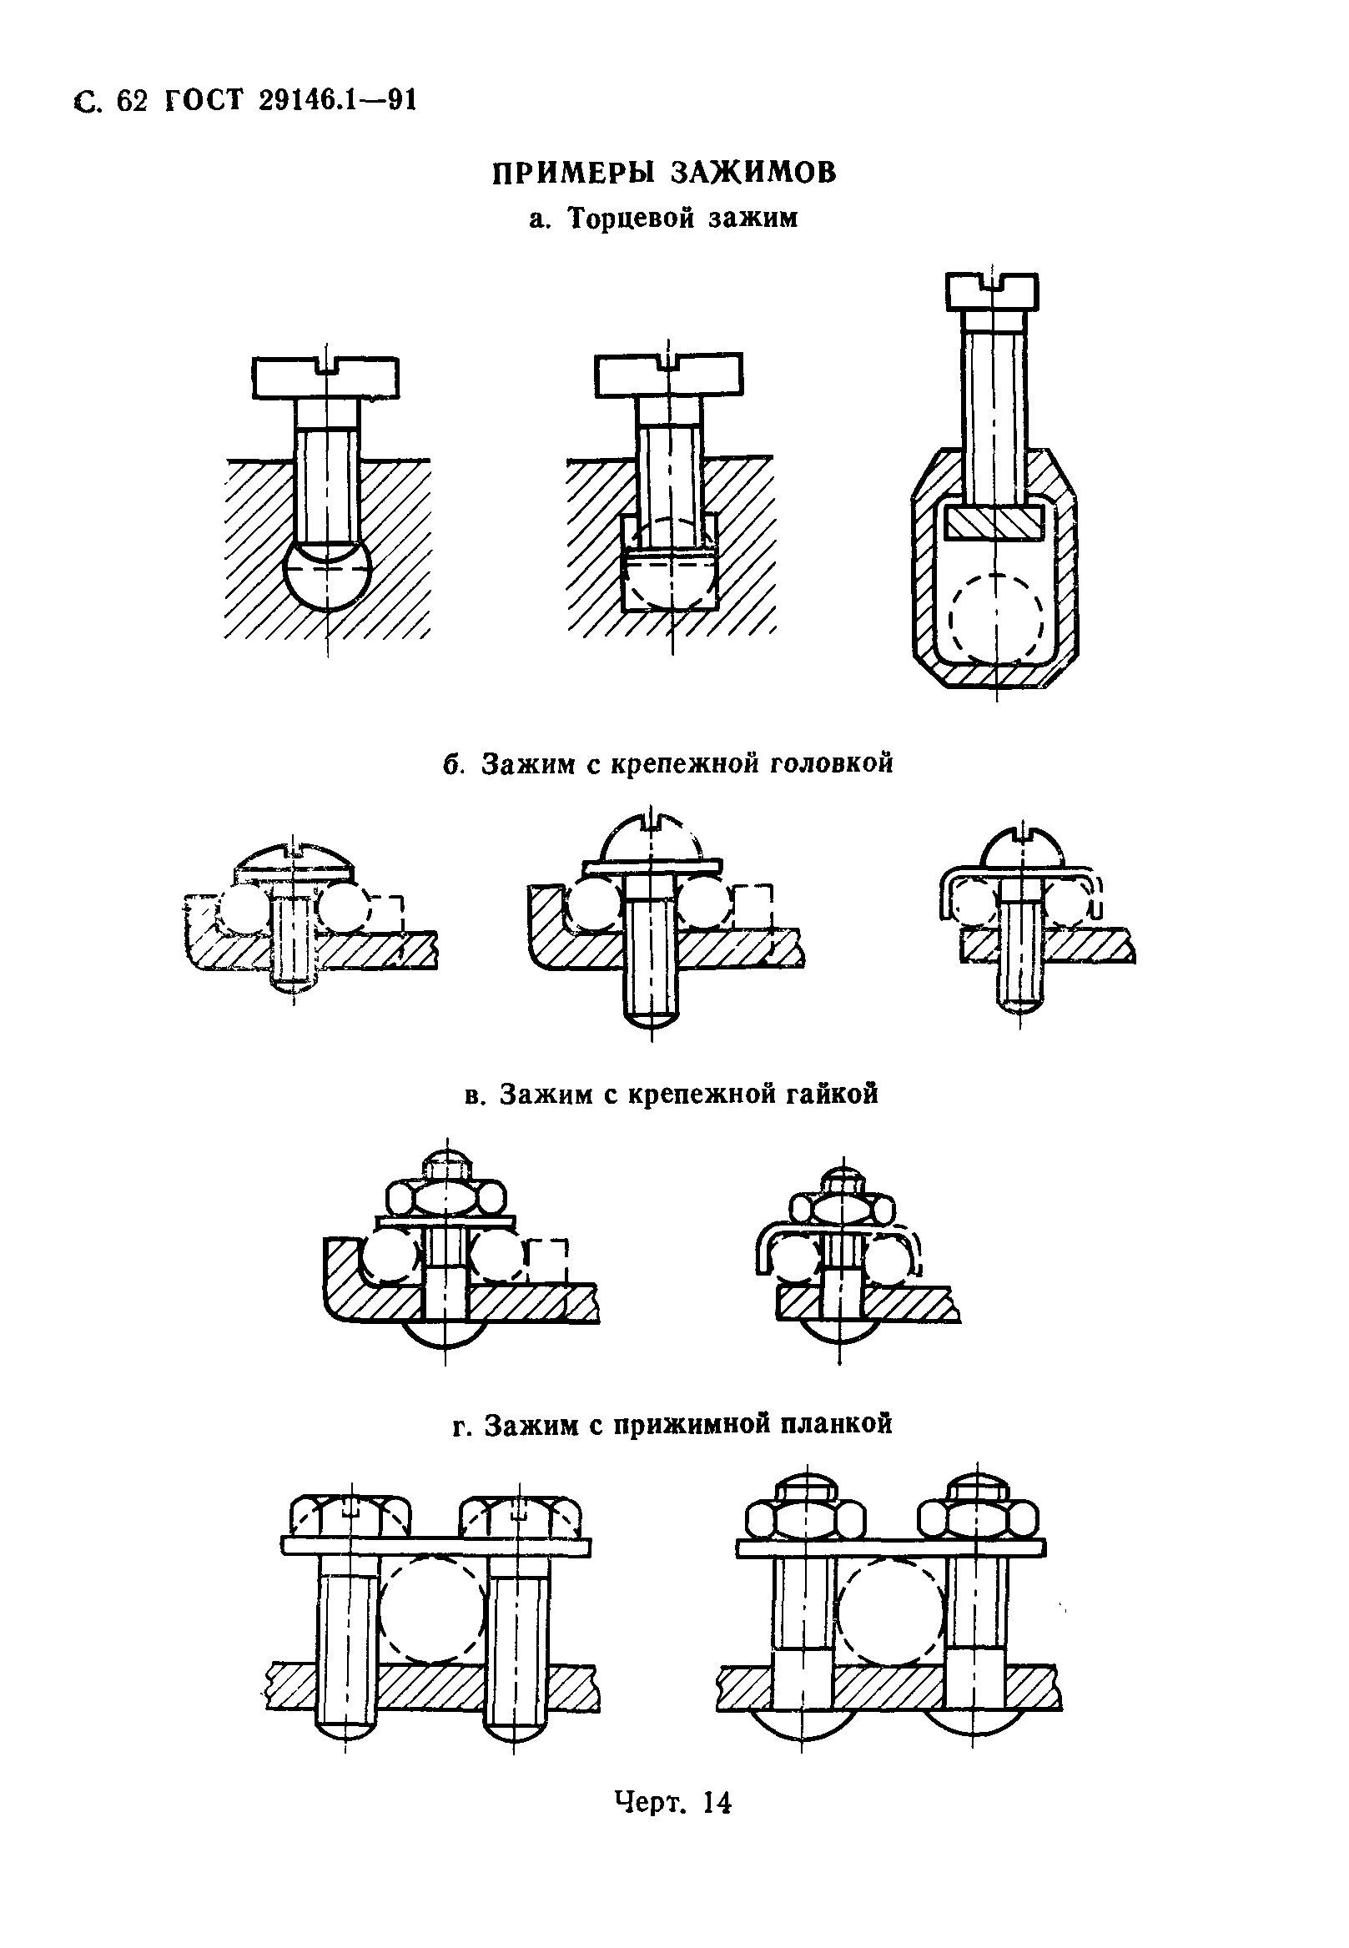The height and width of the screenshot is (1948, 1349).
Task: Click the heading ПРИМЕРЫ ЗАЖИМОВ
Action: click(x=664, y=173)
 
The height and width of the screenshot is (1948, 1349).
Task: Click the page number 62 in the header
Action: click(x=133, y=102)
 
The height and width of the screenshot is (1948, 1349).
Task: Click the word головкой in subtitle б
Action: click(x=832, y=763)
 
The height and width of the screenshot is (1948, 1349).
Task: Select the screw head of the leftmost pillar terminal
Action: click(x=325, y=378)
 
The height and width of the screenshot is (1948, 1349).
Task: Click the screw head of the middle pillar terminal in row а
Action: click(x=669, y=375)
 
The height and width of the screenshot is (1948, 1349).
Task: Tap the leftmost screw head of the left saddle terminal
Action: click(x=350, y=1517)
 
